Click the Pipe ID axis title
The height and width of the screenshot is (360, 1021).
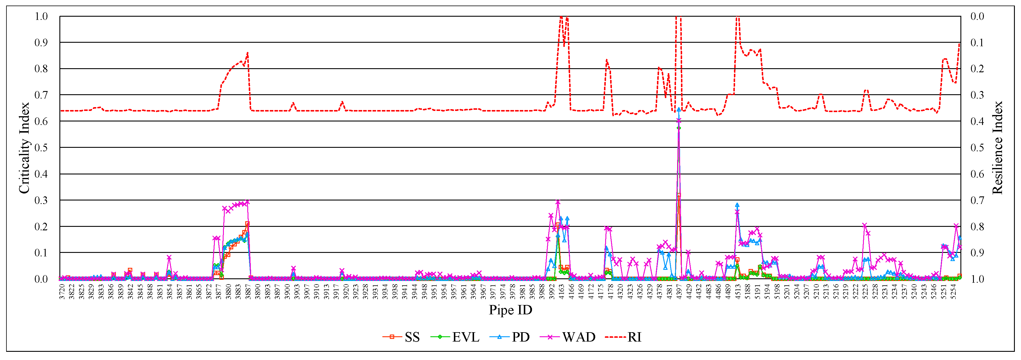pyautogui.click(x=510, y=310)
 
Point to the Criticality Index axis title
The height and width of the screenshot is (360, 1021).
pyautogui.click(x=24, y=148)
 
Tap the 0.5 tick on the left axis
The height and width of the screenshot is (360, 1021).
pyautogui.click(x=41, y=148)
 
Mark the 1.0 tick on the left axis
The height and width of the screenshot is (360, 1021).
pyautogui.click(x=41, y=16)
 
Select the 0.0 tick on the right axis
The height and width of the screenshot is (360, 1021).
pyautogui.click(x=977, y=16)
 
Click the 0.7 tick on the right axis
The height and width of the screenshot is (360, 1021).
pyautogui.click(x=977, y=200)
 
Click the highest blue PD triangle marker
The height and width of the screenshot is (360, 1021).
pyautogui.click(x=679, y=109)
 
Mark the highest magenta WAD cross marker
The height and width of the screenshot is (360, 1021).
pyautogui.click(x=679, y=120)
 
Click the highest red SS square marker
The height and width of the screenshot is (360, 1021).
pyautogui.click(x=679, y=195)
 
